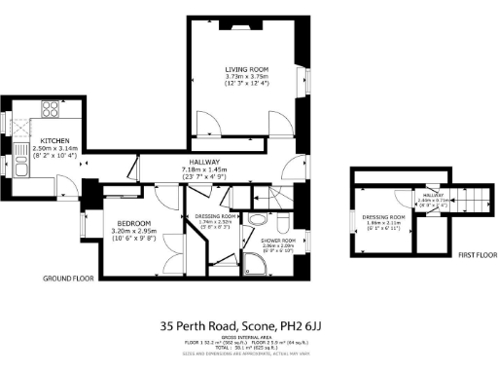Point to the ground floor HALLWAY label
click(203, 162)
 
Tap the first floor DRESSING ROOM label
click(381, 217)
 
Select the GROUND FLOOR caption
click(70, 279)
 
